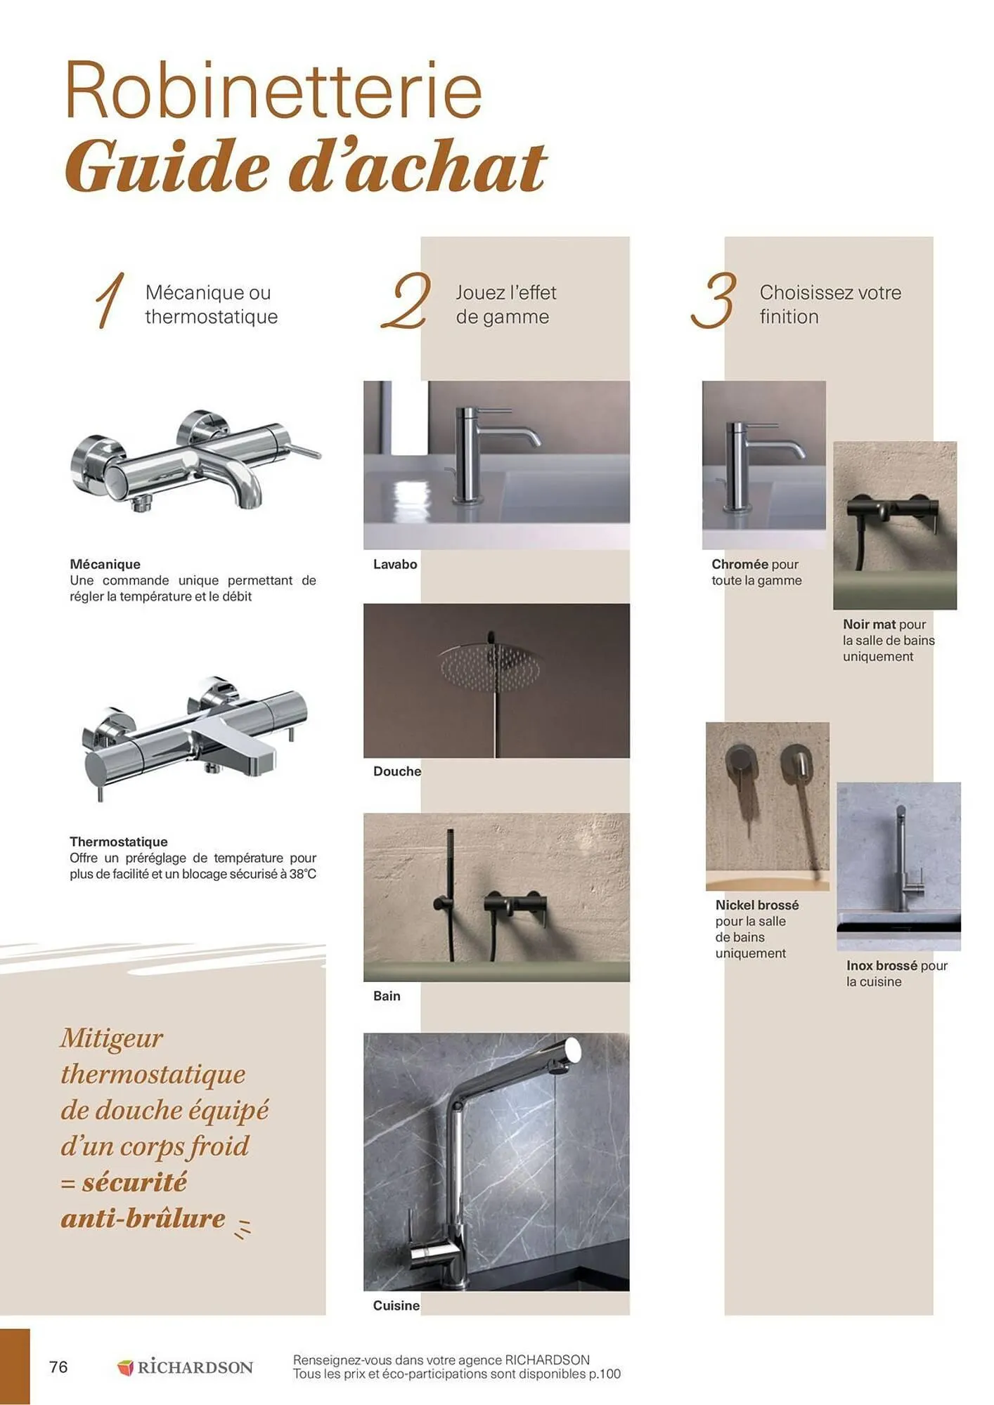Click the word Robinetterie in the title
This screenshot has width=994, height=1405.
click(273, 91)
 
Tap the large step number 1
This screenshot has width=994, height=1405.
click(111, 301)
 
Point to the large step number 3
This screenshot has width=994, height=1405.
click(714, 301)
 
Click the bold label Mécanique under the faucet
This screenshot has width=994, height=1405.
click(105, 564)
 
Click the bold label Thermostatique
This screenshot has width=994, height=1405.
click(118, 842)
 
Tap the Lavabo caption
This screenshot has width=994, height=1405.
click(395, 564)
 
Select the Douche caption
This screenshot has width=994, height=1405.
click(397, 771)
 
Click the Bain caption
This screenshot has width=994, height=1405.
click(387, 995)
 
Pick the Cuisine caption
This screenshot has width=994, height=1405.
click(396, 1305)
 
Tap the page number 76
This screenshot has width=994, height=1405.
click(58, 1366)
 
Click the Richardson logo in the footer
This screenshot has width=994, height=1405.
click(185, 1367)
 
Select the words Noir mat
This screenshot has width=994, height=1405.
click(869, 625)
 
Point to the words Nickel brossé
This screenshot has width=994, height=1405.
click(757, 905)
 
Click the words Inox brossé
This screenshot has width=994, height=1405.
click(882, 966)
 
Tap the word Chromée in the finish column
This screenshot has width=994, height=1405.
click(740, 564)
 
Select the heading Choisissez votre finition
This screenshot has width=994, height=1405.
click(830, 304)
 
